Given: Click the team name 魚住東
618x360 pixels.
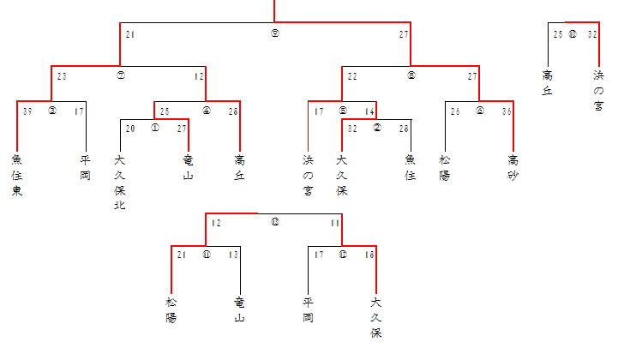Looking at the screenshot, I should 17,175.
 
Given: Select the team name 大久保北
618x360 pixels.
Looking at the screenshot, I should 119,182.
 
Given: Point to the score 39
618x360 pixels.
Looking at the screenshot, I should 27,111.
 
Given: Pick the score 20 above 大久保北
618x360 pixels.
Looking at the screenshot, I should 130,129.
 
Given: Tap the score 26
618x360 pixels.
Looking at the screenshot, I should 456,111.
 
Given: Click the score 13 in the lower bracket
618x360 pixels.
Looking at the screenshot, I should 233,255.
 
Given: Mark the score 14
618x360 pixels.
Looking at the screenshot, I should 369,111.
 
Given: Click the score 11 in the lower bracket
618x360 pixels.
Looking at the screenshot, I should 336,223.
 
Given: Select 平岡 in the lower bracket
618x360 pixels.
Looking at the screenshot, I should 308,310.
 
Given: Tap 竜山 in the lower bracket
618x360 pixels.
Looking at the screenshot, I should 239,310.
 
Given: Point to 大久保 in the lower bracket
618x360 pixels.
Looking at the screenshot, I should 375,317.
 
